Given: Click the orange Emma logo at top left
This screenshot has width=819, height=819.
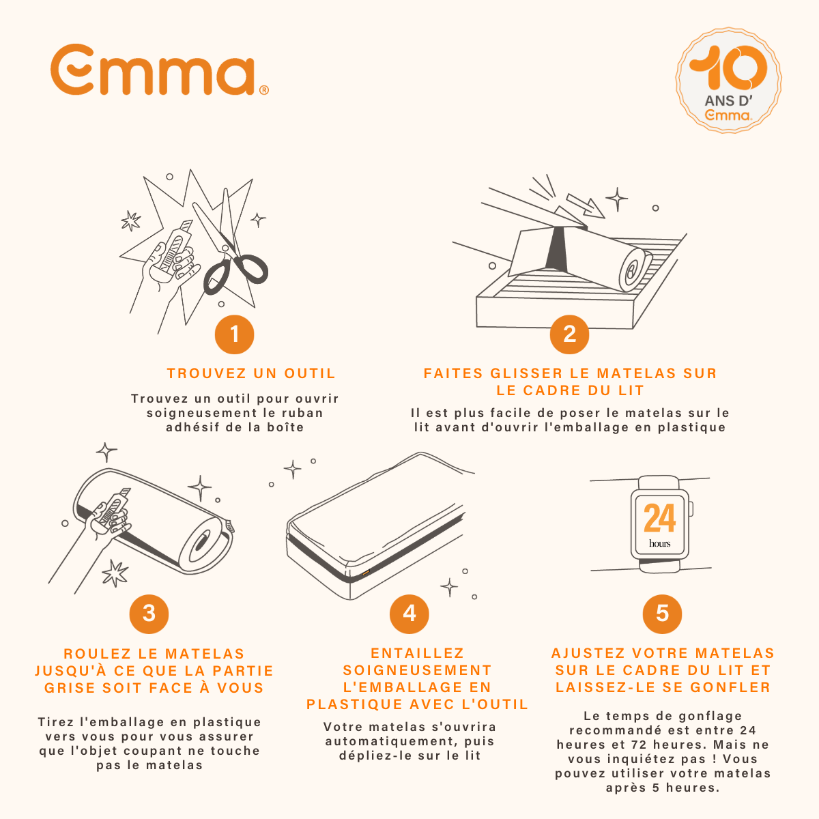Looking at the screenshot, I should tap(152, 70).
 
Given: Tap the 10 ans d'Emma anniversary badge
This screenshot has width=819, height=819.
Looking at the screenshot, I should tap(728, 81).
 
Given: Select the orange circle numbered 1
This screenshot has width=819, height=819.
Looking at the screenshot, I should tap(234, 334).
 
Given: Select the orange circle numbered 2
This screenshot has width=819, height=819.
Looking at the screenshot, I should tap(569, 334).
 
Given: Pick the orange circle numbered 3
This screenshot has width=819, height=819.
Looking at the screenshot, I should tap(149, 613).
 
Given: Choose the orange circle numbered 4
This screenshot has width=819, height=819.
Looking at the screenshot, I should tap(409, 613).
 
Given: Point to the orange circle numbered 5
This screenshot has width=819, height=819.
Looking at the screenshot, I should tap(662, 613).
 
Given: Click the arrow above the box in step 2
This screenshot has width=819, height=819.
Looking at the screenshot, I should tap(586, 205).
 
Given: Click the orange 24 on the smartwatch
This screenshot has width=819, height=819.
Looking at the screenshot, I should tap(659, 519).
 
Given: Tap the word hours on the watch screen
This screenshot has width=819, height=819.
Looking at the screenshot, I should tap(659, 544).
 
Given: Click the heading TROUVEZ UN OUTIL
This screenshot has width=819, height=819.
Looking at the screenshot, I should tap(251, 373).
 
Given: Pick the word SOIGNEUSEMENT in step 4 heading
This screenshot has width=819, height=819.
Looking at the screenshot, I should tap(417, 670).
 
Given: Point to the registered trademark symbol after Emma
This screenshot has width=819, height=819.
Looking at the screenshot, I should tap(264, 90).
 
